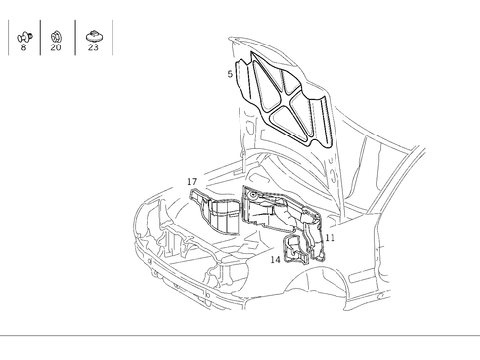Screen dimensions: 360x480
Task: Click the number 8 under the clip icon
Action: tap(23, 47)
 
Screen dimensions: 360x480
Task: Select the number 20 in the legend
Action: tap(55, 47)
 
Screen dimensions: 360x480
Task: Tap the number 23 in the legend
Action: tap(93, 47)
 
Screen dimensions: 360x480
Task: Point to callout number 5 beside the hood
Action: tap(230, 74)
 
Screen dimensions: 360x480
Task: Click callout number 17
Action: tap(192, 182)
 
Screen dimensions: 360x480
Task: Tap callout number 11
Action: tap(330, 238)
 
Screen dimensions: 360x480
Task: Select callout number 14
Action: tap(276, 260)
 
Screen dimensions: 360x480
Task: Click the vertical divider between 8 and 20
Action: tap(40, 39)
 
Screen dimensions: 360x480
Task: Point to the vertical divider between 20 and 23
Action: tap(73, 39)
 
